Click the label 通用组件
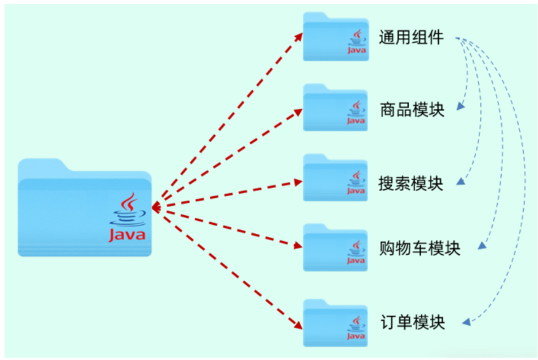412,38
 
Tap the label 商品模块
412,110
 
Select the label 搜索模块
412,183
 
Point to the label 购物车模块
420,249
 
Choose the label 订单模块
412,321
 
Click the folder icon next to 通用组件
336,37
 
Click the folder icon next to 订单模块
336,321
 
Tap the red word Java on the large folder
127,235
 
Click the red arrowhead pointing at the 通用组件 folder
299,36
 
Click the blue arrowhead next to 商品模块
460,106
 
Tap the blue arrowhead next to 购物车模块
482,246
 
